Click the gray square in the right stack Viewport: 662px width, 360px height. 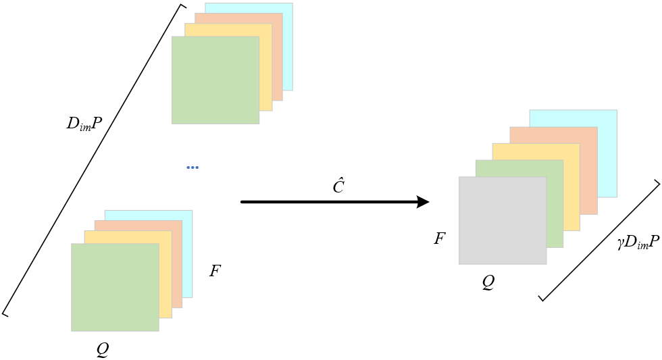point(503,220)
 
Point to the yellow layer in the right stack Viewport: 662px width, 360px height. point(571,194)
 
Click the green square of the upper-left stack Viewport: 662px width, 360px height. point(215,80)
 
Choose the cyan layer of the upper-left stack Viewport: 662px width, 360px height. point(287,47)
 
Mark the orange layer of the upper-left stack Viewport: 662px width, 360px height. point(277,59)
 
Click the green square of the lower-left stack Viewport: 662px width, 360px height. point(115,288)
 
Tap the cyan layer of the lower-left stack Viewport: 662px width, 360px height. point(187,253)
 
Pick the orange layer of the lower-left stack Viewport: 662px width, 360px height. point(177,266)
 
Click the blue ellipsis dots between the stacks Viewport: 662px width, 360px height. point(193,168)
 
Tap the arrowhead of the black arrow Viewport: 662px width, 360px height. point(423,202)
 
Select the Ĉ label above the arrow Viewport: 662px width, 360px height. point(338,186)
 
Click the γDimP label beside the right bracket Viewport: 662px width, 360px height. point(638,242)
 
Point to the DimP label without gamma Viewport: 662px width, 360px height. point(84,124)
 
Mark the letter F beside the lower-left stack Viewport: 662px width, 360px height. point(215,271)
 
